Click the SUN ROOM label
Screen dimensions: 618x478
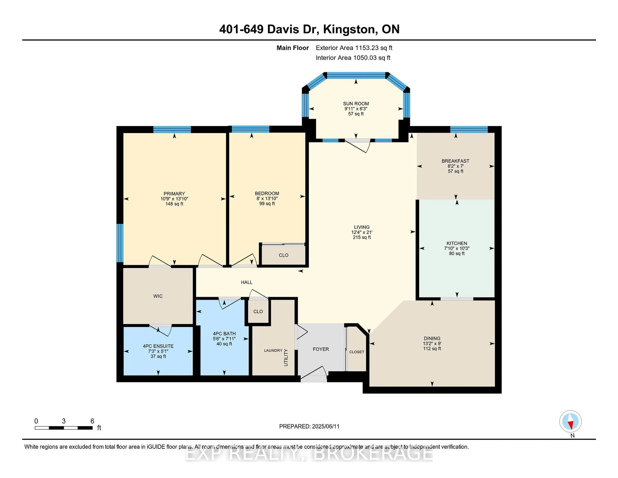(356, 104)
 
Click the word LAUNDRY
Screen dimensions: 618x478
(273, 350)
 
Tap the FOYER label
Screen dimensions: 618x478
(321, 349)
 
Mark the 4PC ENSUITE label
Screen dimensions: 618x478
(158, 346)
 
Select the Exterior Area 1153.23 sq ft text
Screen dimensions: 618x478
(354, 48)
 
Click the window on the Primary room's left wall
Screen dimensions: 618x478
(120, 243)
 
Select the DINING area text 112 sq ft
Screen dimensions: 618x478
(432, 349)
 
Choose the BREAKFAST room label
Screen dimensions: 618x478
(456, 161)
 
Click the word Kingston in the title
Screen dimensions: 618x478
(349, 29)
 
